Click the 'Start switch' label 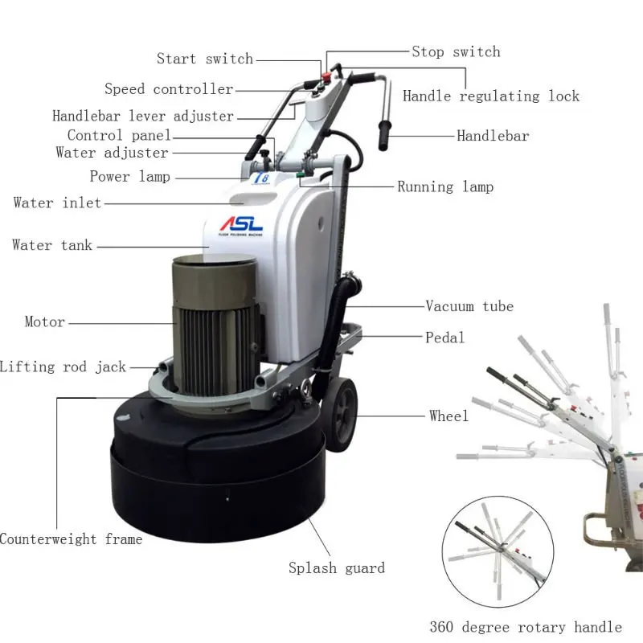click(x=204, y=59)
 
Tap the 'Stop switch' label click(x=456, y=52)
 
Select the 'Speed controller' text click(x=169, y=89)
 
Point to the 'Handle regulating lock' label click(x=490, y=96)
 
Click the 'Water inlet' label click(x=57, y=203)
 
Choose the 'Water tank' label click(x=52, y=245)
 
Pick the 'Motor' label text click(x=44, y=322)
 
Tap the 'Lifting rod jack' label click(x=63, y=367)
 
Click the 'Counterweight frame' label click(x=71, y=539)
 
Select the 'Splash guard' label click(x=337, y=568)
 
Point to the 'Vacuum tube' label click(x=469, y=306)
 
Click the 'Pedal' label click(x=445, y=338)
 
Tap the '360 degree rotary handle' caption click(x=526, y=627)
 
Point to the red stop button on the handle click(x=329, y=78)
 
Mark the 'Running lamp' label click(x=445, y=187)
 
